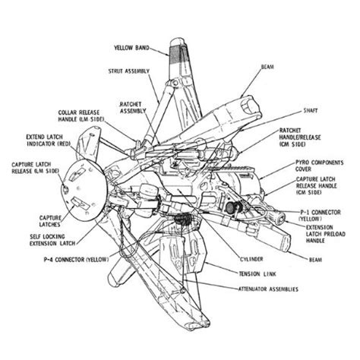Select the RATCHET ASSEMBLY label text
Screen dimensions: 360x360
click(x=131, y=107)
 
